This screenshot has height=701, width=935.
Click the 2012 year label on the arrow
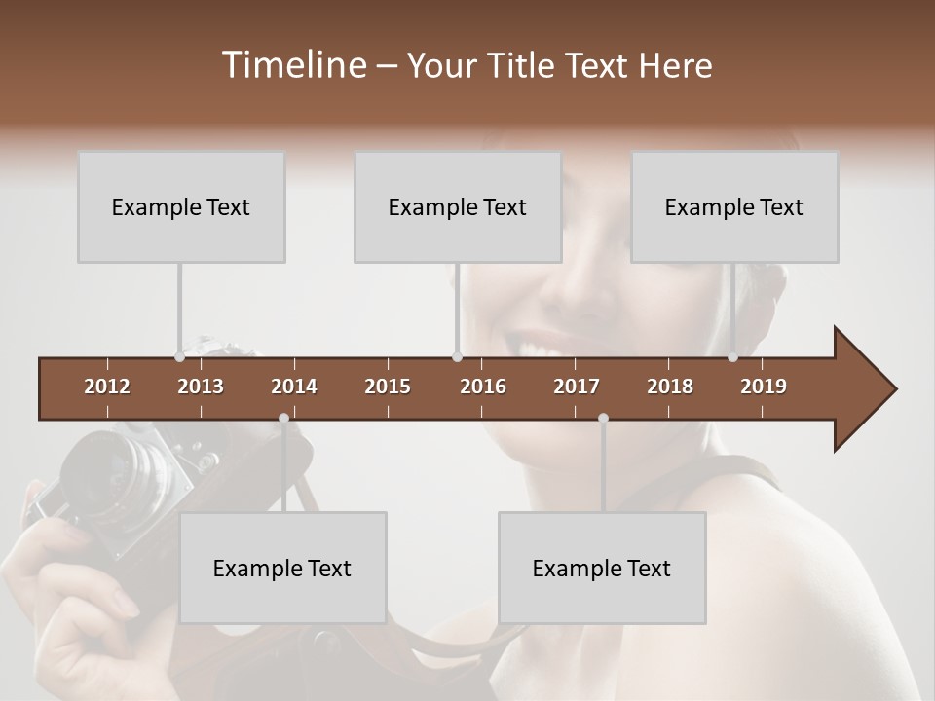pos(107,387)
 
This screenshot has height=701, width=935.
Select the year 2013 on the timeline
pos(201,387)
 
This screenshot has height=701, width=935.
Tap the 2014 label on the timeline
pos(294,387)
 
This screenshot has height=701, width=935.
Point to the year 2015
pos(388,387)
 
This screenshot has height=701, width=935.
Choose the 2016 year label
pos(483,387)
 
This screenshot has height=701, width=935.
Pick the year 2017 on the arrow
pos(577,387)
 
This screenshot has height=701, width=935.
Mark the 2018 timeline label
pos(670,387)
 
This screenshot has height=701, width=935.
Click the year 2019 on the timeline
pos(764,387)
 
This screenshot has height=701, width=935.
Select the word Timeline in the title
pos(293,65)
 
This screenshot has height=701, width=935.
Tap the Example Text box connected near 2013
pos(181,207)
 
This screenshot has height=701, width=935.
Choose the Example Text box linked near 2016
pos(458,207)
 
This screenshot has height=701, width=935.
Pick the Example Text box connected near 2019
pos(734,207)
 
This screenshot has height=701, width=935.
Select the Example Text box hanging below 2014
pos(282,568)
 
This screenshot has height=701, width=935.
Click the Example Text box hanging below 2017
pos(602,568)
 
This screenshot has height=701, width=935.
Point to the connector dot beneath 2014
pos(283,419)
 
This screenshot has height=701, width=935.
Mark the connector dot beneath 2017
pos(603,419)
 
